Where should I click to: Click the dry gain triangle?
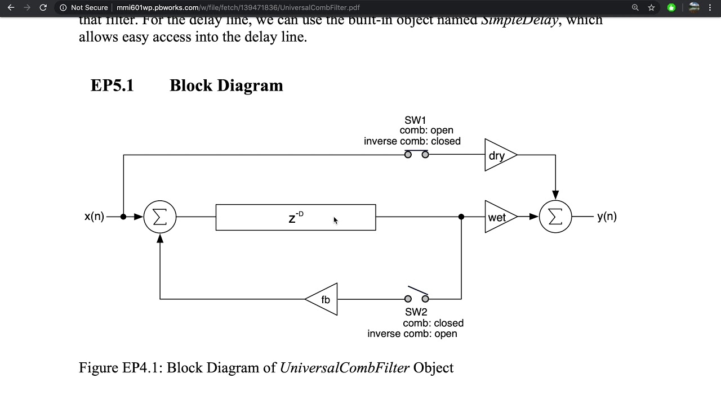point(498,155)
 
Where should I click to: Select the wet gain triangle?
point(498,217)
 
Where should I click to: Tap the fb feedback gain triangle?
point(324,299)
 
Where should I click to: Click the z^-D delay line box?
point(296,218)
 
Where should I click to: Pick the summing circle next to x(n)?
point(160,217)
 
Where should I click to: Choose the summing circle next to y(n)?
point(555,217)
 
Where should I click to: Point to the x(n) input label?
point(94,217)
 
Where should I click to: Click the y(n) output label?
point(607,217)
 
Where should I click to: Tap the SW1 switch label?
point(415,120)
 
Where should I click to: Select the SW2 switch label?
point(416,312)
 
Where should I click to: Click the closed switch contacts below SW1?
point(417,154)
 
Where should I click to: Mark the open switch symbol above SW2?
point(417,296)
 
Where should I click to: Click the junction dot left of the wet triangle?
point(461,217)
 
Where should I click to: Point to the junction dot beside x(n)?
point(123,217)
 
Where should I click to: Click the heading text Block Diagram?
point(226,85)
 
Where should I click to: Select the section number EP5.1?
point(112,85)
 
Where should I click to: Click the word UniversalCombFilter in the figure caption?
point(344,368)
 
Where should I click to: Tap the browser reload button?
point(43,8)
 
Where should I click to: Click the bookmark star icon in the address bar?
point(651,8)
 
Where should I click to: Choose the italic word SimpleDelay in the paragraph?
point(519,20)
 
